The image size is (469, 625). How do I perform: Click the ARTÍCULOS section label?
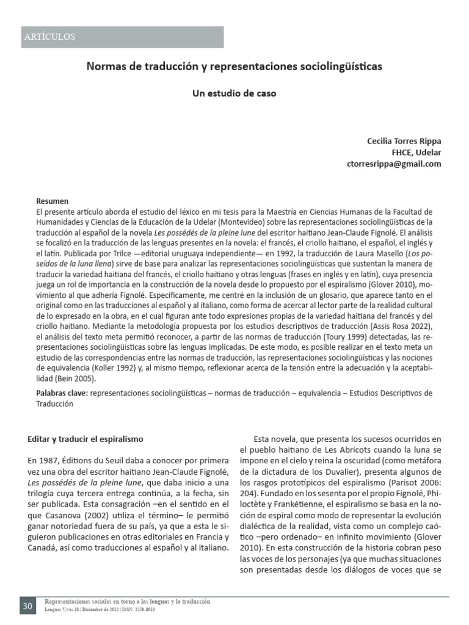[49, 37]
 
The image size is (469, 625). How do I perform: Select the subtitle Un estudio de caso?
[234, 94]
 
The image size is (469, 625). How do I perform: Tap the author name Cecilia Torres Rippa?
[403, 141]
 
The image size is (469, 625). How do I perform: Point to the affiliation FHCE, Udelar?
[416, 153]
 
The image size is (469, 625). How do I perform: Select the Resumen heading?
[53, 201]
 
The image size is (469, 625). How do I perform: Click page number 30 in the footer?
[28, 607]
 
